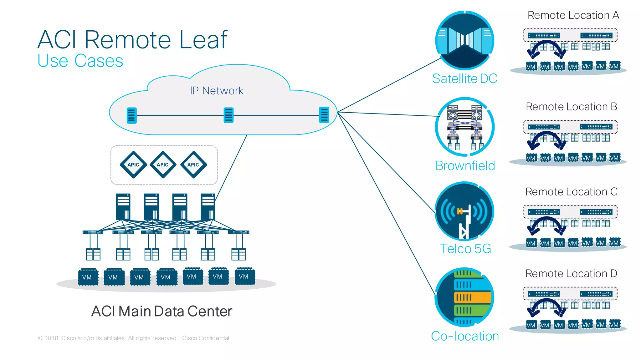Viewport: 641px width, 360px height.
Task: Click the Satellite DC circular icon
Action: pos(465,41)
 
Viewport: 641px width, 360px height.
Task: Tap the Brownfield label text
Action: pos(465,166)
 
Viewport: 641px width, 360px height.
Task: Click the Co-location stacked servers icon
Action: pos(465,297)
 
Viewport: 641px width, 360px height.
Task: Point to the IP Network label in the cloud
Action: pos(217,91)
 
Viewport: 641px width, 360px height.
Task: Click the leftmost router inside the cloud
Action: pos(132,115)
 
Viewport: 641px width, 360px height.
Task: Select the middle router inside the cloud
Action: pos(229,115)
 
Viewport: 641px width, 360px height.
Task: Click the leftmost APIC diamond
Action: pos(133,165)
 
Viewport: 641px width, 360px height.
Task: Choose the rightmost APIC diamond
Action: pos(193,165)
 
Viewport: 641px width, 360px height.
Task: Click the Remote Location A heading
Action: pos(573,15)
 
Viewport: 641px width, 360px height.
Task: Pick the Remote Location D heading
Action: pos(571,274)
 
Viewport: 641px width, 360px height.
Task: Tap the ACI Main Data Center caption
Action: pos(162,311)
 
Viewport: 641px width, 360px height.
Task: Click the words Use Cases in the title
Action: pos(80,61)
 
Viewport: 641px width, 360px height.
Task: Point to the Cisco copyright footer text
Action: pos(134,338)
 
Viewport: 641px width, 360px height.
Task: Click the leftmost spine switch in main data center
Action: pos(123,207)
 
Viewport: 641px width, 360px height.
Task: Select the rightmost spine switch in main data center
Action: pos(208,207)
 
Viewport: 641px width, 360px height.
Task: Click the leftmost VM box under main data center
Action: pos(88,277)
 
